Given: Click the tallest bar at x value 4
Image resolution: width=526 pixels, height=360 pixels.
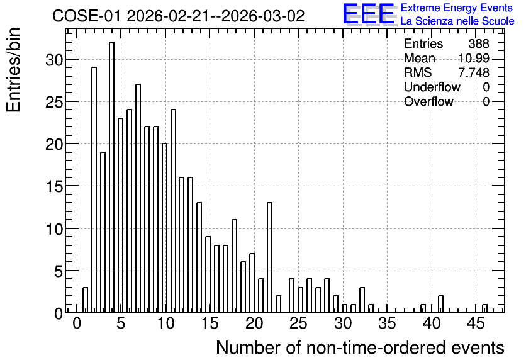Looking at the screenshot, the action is pos(112,177).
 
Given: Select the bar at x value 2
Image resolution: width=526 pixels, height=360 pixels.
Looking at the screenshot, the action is pos(94,190).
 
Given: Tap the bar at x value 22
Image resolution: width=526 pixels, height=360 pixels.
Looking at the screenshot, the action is pos(269,257).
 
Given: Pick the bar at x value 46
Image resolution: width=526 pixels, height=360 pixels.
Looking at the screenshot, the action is pos(484,308).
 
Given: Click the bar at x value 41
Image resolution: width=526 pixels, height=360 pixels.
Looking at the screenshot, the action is pos(441,305).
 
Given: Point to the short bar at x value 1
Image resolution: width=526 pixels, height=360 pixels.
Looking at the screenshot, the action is pos(85,300).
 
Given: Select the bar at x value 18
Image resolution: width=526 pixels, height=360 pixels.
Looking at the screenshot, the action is pos(235,266).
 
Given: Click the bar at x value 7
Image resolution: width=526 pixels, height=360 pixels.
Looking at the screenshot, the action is pos(138,199).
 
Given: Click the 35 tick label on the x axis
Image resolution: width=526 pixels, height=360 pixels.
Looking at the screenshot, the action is pos(387,323).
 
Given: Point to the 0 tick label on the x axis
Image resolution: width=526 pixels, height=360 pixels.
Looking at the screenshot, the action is pos(77,323).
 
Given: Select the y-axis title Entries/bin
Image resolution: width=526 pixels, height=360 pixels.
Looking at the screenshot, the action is pos(13,70).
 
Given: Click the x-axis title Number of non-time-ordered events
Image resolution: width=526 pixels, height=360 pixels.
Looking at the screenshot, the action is pos(360,347).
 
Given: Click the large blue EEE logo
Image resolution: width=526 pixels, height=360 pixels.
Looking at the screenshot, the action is pos(369,14).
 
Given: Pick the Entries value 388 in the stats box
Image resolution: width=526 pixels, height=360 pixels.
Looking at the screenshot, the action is pos(479,43).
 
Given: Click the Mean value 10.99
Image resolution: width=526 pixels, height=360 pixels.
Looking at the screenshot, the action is pos(474,58).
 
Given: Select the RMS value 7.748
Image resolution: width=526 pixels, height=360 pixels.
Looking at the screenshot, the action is pos(474,72).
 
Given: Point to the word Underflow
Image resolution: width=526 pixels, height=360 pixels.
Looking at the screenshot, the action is pos(432,87).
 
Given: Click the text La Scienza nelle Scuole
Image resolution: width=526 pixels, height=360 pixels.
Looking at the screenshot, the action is pos(457,21).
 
